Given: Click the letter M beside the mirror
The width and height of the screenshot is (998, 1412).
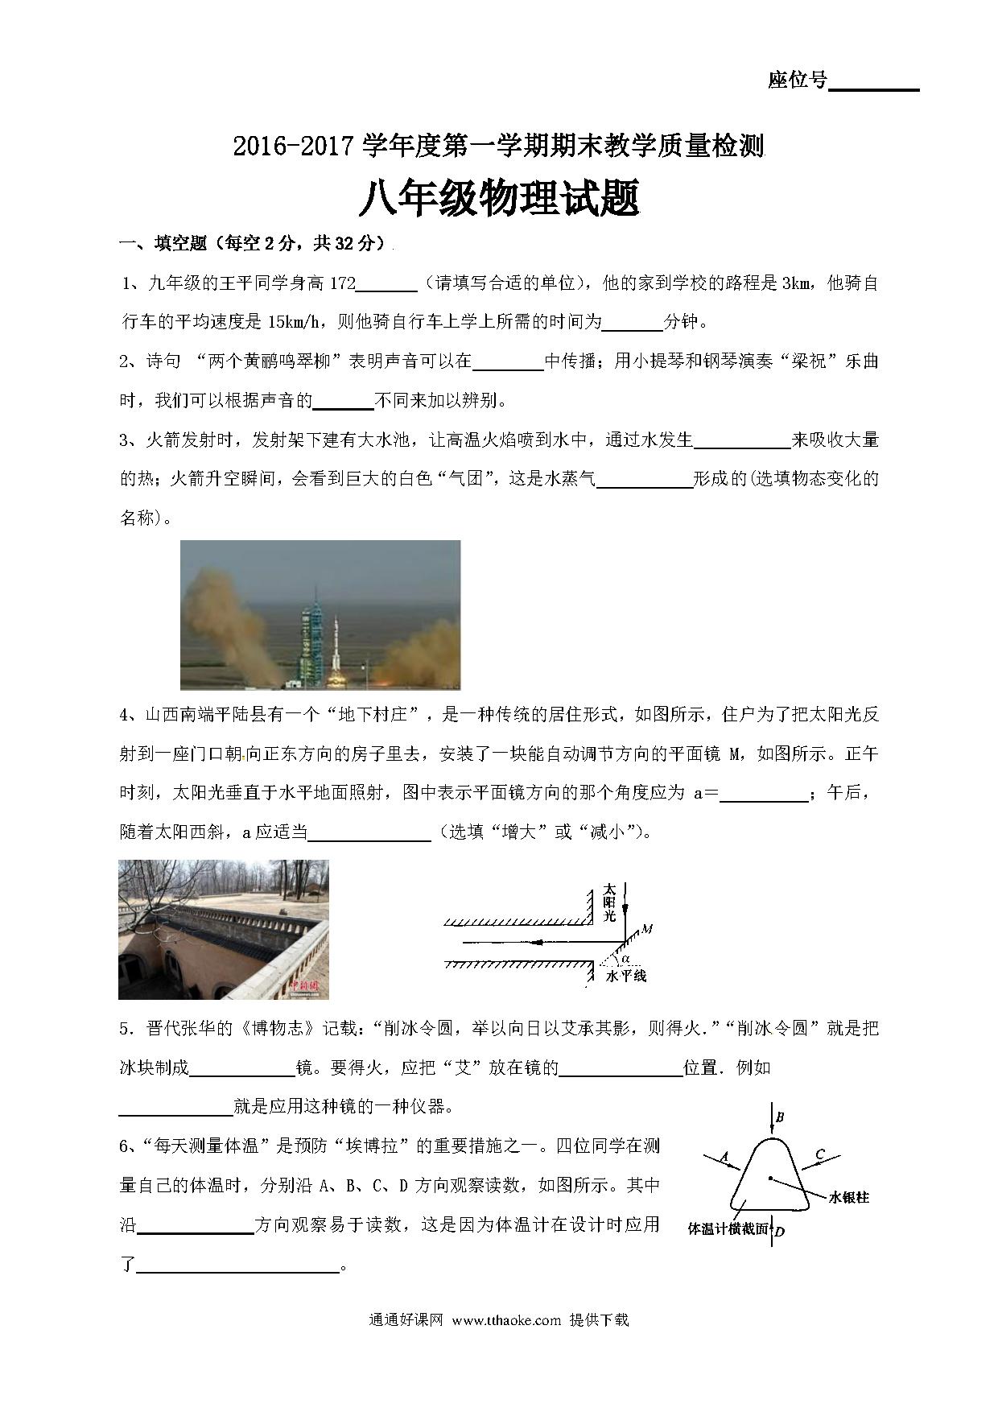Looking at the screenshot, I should [647, 929].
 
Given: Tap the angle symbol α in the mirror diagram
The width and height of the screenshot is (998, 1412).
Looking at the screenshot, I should [625, 958].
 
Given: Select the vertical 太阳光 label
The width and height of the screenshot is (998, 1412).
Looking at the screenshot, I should [609, 902].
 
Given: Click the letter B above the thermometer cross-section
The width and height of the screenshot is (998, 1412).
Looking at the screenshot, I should [779, 1117].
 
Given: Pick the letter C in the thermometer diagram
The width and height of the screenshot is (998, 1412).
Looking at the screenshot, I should [819, 1155].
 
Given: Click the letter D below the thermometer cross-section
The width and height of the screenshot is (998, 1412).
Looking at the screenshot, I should [779, 1231].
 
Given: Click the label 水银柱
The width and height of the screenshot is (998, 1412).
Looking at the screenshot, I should [849, 1197].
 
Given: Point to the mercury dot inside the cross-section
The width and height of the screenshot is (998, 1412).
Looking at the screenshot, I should [770, 1179].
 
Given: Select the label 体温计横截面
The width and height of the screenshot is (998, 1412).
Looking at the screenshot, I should [728, 1229].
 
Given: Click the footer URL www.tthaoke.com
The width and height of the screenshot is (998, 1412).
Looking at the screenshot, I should [505, 1320].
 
